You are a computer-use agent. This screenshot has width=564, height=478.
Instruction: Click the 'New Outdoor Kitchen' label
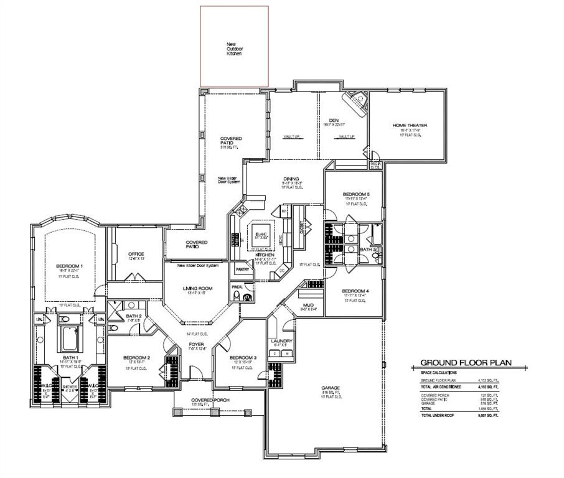[x=233, y=49]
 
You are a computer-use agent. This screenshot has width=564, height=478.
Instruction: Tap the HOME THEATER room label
[x=410, y=125]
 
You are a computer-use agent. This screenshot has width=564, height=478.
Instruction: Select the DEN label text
[x=333, y=120]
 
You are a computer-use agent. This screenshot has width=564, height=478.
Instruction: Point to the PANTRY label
[x=242, y=269]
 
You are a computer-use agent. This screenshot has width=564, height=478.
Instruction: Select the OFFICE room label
[x=136, y=254]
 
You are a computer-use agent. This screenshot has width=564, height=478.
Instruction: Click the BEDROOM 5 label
[x=357, y=194]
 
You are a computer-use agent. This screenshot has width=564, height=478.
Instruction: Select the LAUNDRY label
[x=278, y=341]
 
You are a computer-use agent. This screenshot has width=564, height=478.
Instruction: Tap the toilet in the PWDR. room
[x=247, y=298]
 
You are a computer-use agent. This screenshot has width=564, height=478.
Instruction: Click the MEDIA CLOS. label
[x=375, y=166]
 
